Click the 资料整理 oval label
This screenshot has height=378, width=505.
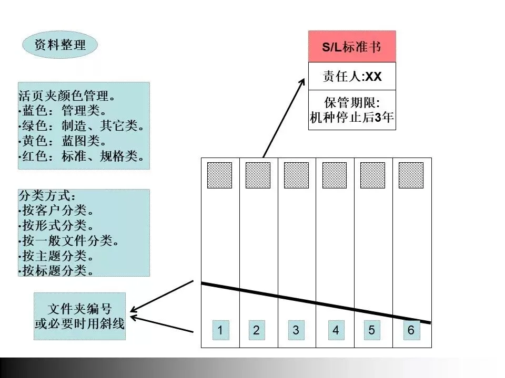pos(60,45)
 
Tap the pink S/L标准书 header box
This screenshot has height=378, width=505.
pos(351,47)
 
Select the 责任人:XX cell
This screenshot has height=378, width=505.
pos(351,77)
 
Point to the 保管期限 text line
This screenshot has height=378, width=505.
pos(351,102)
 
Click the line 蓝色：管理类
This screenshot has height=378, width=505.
pos(63,111)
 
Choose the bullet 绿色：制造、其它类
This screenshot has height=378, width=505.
pos(82,127)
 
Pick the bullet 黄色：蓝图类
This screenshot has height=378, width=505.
pos(63,142)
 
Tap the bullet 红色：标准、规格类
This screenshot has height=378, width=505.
pos(82,157)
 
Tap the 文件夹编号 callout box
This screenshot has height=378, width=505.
pos(80,316)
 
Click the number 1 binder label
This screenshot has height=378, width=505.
pos(221,330)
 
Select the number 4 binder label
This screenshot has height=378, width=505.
pos(336,330)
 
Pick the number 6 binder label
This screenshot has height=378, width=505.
pos(411,330)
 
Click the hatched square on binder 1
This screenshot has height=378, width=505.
pos(220,175)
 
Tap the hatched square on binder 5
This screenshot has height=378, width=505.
pos(372,175)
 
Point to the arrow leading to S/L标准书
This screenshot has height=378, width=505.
pos(284,118)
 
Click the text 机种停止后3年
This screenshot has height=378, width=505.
pos(351,117)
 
